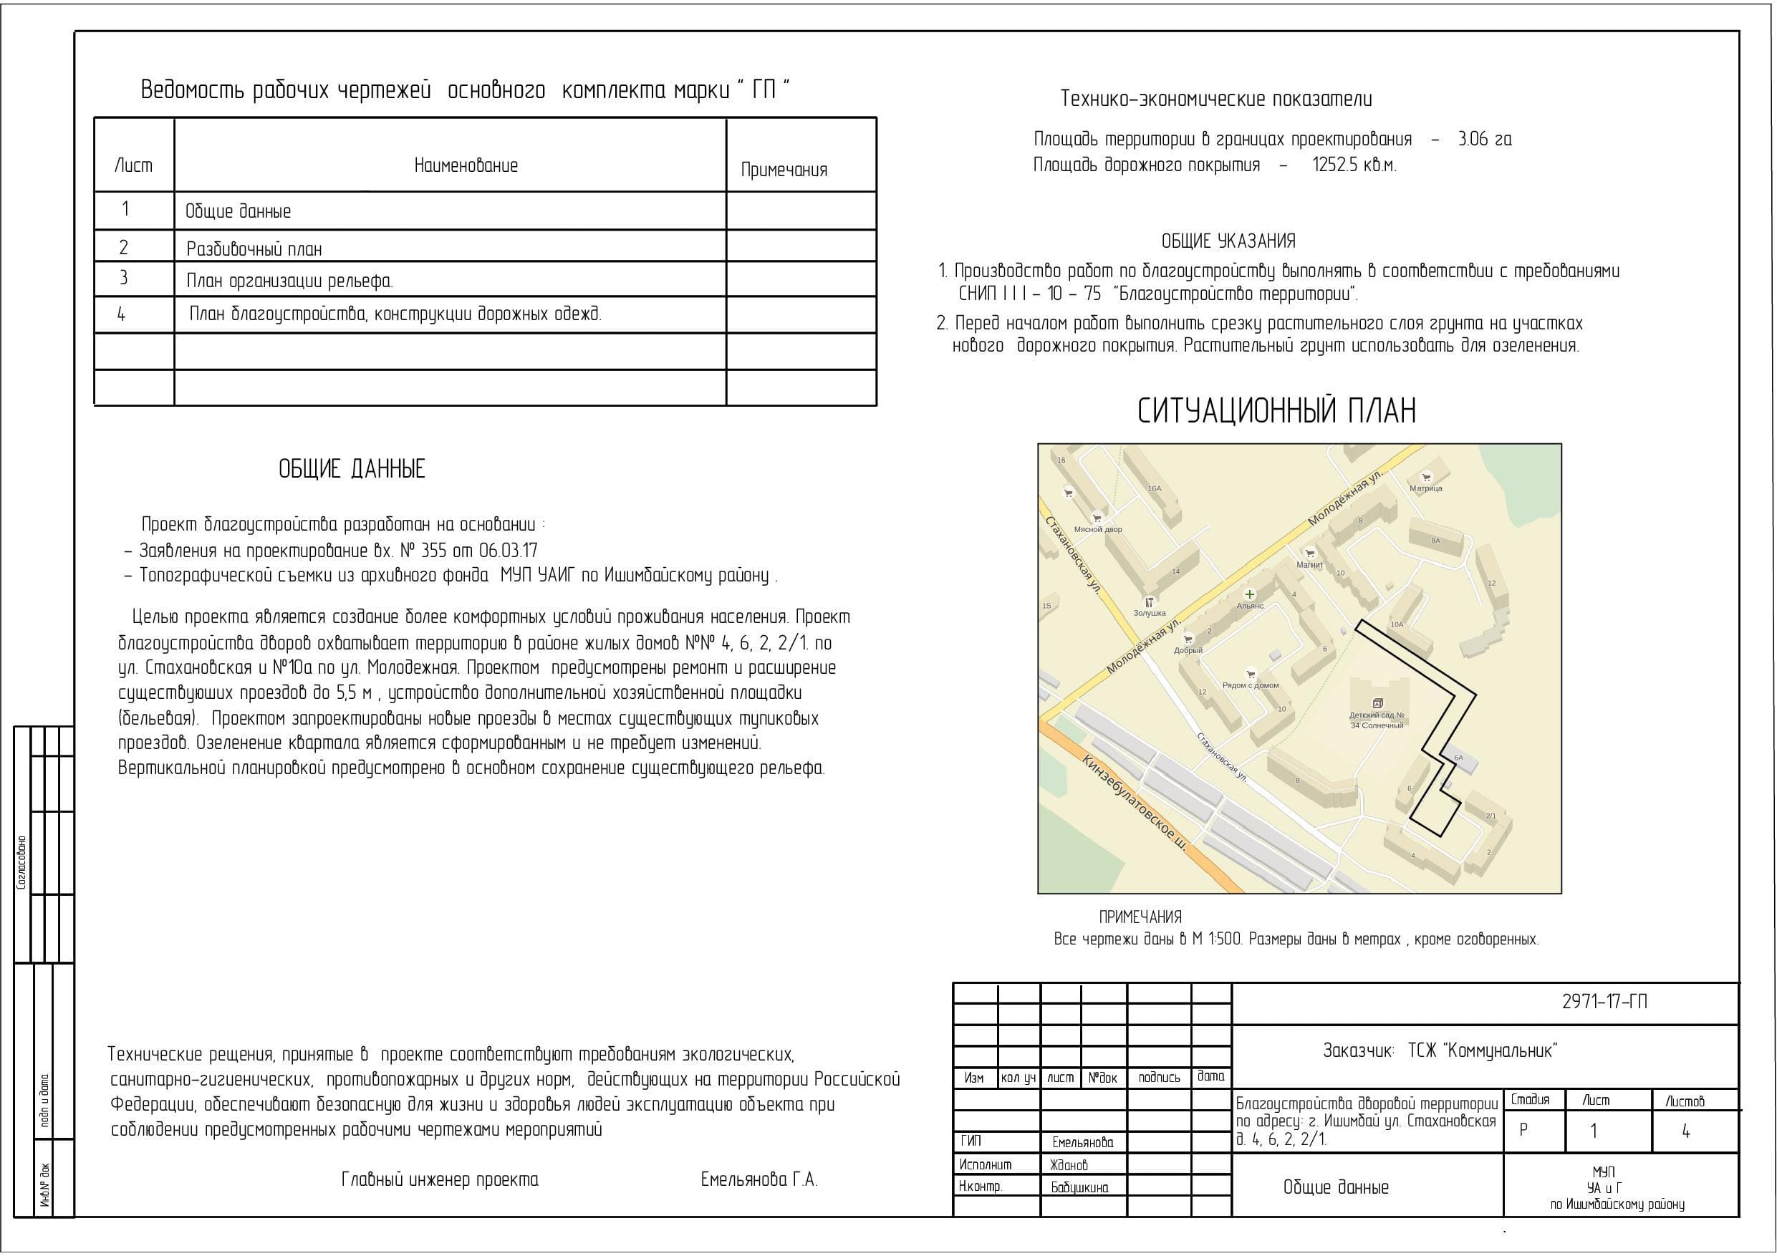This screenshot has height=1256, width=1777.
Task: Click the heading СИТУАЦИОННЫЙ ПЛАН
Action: click(1276, 410)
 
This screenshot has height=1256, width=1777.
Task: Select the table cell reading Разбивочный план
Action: click(254, 249)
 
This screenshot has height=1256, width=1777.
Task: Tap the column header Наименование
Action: click(466, 165)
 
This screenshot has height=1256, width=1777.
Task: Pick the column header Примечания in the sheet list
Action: click(784, 170)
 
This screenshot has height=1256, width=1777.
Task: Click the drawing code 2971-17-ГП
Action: click(1604, 1001)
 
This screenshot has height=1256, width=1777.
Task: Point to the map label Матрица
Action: click(1425, 488)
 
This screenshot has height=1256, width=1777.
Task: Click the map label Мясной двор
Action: click(1097, 529)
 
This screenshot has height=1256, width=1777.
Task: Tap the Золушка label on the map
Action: click(1150, 613)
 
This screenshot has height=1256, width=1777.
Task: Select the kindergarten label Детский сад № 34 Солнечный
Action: click(1377, 720)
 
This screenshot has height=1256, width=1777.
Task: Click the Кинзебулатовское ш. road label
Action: click(1135, 804)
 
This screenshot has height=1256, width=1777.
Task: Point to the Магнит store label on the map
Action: click(1309, 565)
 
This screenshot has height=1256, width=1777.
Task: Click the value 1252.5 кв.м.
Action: click(1354, 165)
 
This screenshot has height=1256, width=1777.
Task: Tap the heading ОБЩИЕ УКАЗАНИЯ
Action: click(1228, 241)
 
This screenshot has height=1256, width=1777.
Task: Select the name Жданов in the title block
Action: click(1069, 1164)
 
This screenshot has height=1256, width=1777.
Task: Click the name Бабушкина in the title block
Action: click(1079, 1187)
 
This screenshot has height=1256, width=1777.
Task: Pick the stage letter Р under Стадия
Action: click(1523, 1130)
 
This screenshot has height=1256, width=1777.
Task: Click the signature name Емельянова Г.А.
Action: click(759, 1179)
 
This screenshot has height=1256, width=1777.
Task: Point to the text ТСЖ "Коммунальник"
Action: click(1482, 1050)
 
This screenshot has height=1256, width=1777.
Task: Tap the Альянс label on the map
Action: click(1250, 606)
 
